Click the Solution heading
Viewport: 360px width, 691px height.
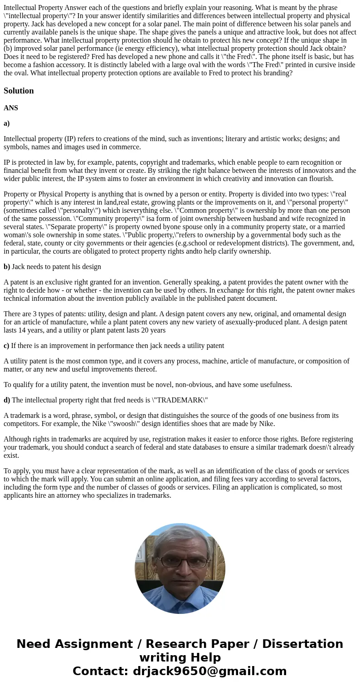pos(19,91)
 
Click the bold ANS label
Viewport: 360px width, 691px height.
pos(11,108)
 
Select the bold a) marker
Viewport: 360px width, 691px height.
pos(7,123)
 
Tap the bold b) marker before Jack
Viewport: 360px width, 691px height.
pos(7,267)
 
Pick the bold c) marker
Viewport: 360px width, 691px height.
pos(6,346)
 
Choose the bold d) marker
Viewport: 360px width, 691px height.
pos(7,400)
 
